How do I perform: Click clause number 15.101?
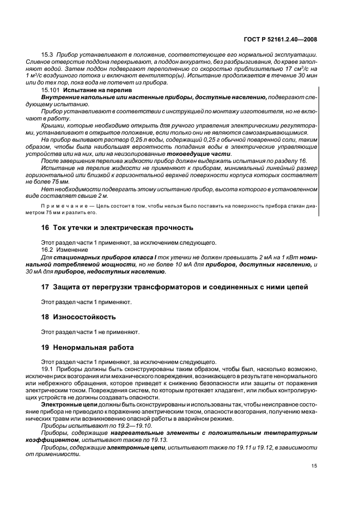(x=50, y=89)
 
